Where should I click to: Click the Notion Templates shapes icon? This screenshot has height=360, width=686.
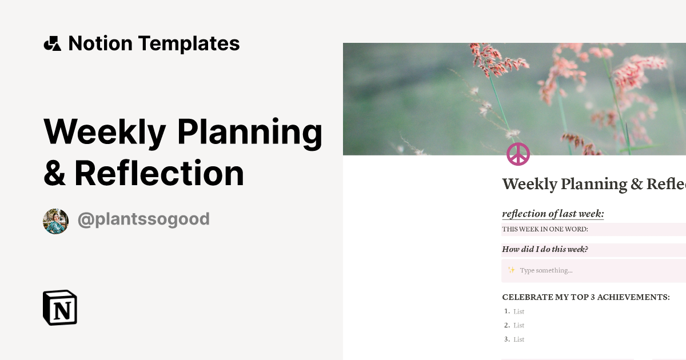(52, 44)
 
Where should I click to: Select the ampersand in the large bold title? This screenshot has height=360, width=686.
(54, 173)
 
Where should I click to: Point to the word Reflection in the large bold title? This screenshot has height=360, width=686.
(159, 173)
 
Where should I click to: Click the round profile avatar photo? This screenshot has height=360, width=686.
(55, 221)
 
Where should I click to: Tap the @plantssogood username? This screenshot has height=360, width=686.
(143, 219)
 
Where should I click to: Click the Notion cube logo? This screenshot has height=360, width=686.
(60, 307)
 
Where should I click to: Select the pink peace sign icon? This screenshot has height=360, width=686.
(518, 154)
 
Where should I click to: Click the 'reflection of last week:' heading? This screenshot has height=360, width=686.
(553, 214)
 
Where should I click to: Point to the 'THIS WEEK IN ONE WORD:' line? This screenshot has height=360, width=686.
(545, 230)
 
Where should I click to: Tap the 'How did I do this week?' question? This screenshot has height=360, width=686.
(545, 249)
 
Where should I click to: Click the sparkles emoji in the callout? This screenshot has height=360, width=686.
(512, 270)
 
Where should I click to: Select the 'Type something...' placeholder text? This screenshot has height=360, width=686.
(546, 270)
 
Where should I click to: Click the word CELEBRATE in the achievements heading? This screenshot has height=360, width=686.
(528, 297)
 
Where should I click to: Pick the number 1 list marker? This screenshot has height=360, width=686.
(506, 311)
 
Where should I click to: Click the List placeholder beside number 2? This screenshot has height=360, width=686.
(519, 326)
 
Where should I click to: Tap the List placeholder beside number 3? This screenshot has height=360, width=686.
(519, 339)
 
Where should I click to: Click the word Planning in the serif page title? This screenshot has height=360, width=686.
(592, 185)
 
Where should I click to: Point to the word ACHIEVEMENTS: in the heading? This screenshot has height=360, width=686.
(634, 297)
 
